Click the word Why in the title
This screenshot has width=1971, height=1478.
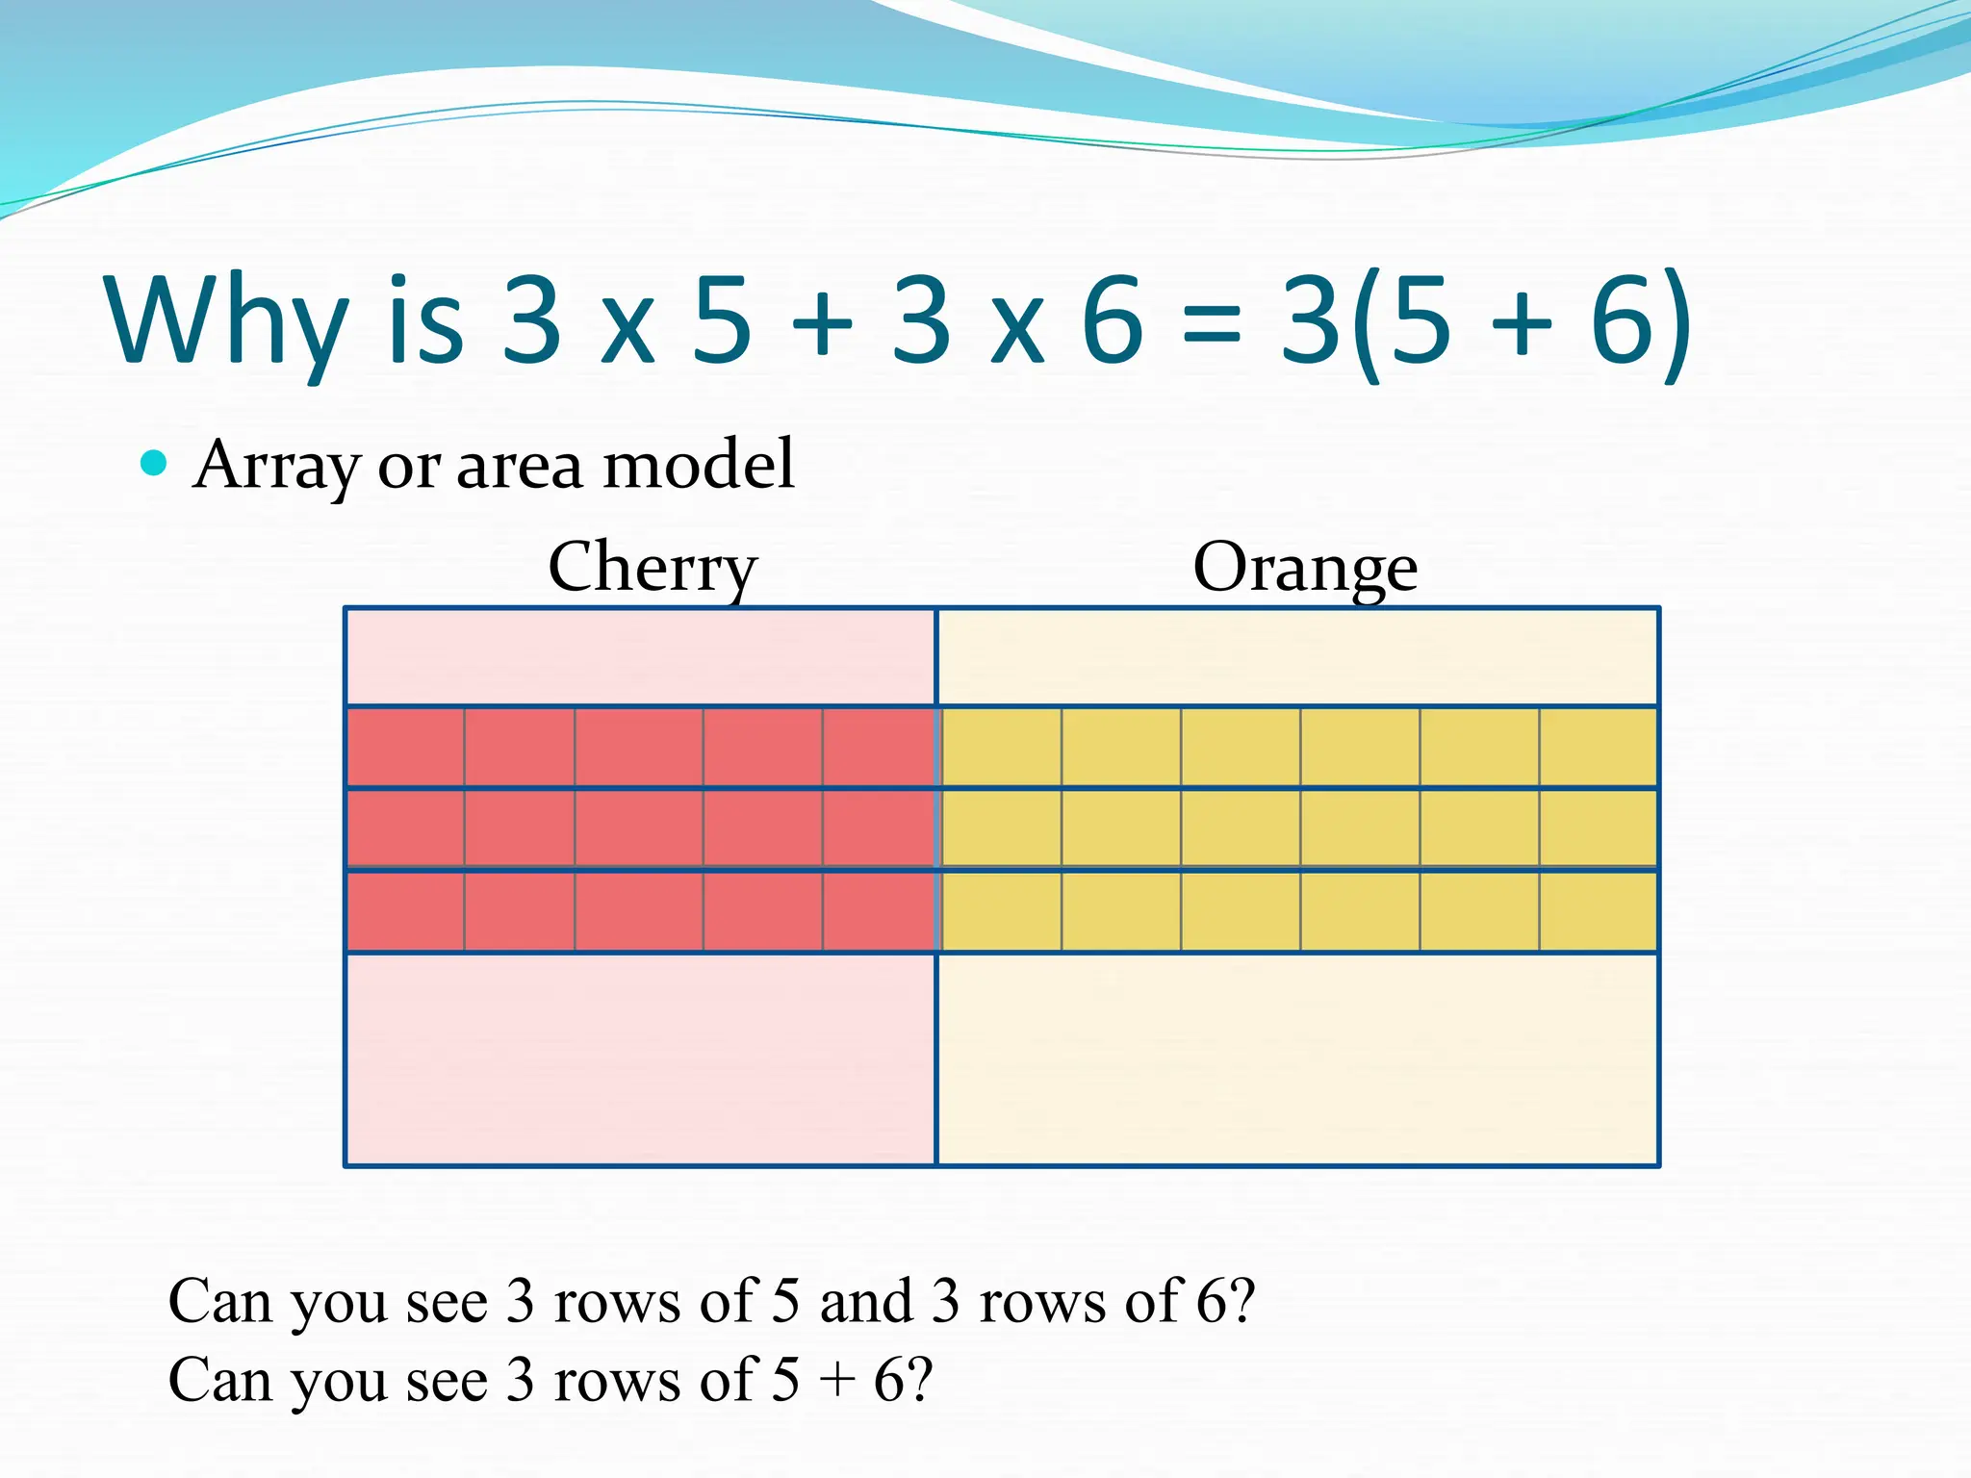click(x=227, y=322)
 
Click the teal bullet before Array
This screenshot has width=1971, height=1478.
click(x=154, y=464)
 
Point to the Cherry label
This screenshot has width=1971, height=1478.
click(x=653, y=568)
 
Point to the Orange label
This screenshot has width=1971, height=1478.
click(x=1305, y=568)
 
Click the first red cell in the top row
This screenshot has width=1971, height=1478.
click(x=405, y=748)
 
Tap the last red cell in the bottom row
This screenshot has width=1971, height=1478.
click(x=878, y=911)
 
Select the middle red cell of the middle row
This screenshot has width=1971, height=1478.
click(x=639, y=828)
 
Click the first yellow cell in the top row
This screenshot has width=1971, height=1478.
click(x=1002, y=748)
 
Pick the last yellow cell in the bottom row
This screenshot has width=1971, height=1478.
click(x=1598, y=911)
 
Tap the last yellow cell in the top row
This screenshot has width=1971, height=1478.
click(x=1598, y=748)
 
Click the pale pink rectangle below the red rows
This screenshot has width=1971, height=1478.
click(x=640, y=1058)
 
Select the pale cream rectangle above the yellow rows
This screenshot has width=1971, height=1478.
click(x=1297, y=657)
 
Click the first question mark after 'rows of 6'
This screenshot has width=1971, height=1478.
click(x=1242, y=1301)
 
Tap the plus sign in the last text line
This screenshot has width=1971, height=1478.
click(x=836, y=1382)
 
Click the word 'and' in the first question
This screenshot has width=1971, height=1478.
click(x=865, y=1301)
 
